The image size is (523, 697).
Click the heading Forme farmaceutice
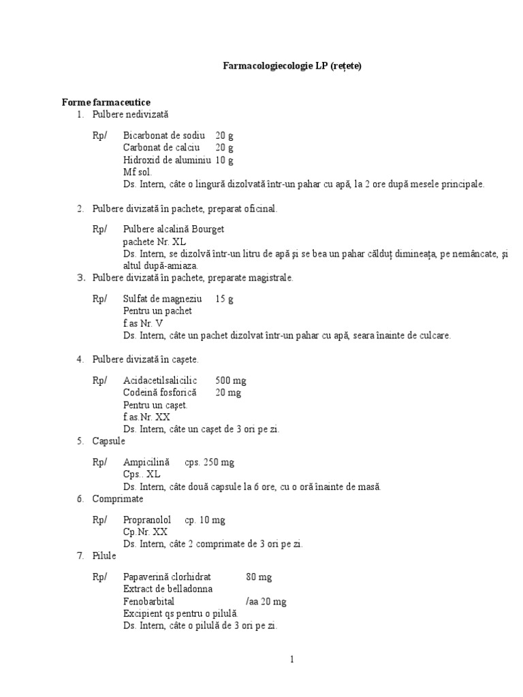tap(106, 102)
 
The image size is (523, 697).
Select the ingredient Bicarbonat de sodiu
tap(164, 135)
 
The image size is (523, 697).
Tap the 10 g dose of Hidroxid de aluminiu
tap(225, 160)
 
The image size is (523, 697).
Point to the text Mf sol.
tap(138, 172)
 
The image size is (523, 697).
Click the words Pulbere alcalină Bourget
tap(174, 229)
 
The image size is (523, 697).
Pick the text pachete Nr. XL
tap(154, 242)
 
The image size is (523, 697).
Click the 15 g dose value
tap(224, 299)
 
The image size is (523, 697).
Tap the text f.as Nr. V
tap(143, 323)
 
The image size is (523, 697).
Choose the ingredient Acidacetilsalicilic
tap(160, 380)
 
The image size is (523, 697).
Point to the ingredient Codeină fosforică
tap(159, 393)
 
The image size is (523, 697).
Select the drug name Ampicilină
tap(146, 462)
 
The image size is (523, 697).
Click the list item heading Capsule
tap(109, 441)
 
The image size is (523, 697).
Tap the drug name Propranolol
tap(147, 520)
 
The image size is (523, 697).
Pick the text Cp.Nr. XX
tap(145, 532)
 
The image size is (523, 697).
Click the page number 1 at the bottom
tap(291, 659)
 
